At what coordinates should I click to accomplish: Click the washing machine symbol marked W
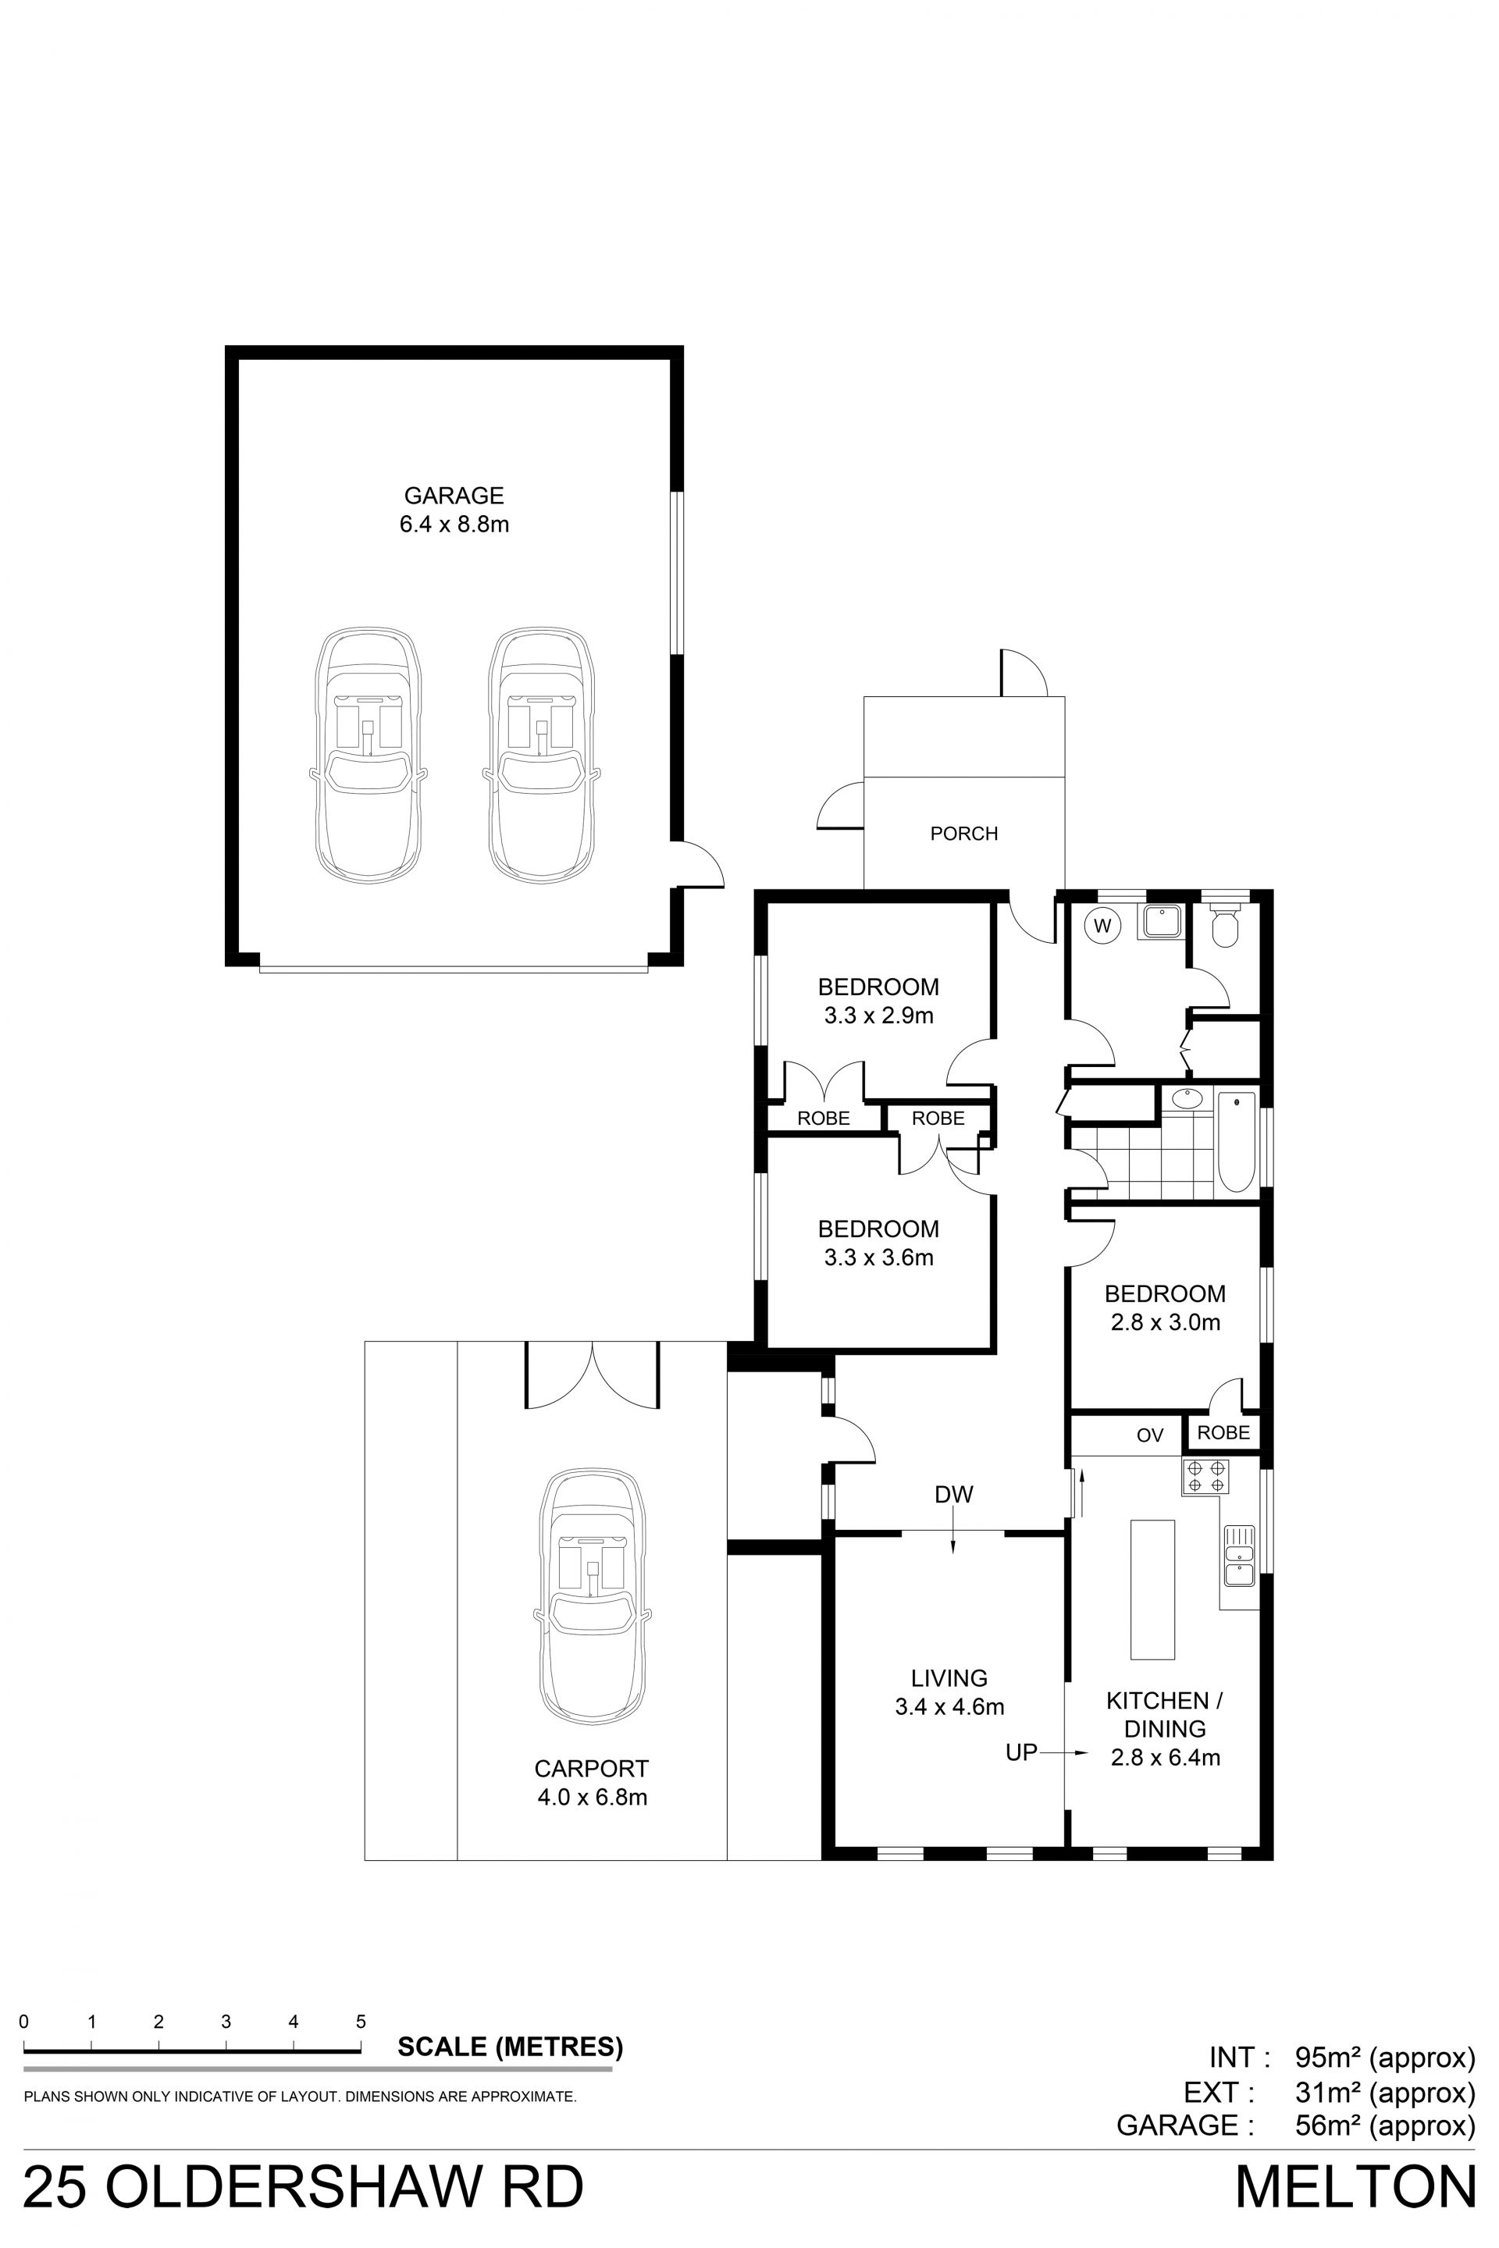point(1102,925)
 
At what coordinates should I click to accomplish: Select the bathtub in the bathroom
point(1236,1143)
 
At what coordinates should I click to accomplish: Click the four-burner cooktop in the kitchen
point(1205,1477)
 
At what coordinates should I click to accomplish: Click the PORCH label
point(963,834)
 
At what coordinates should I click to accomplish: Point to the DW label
point(954,1494)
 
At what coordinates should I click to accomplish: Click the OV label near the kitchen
point(1150,1435)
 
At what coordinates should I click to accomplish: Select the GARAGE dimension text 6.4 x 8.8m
point(454,524)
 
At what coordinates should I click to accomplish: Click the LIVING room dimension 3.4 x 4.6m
point(949,1706)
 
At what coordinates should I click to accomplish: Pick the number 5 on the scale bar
point(361,2022)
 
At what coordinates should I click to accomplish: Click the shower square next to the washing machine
point(1161,921)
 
